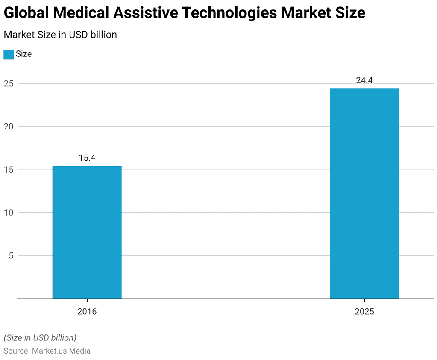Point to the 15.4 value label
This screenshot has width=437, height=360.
click(87, 158)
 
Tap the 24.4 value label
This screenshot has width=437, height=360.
click(364, 80)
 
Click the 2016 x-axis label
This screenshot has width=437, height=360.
click(87, 312)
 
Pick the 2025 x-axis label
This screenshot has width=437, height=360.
click(364, 312)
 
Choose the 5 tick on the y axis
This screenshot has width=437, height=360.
click(10, 256)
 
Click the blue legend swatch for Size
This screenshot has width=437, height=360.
click(8, 54)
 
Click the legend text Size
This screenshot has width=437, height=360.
click(23, 54)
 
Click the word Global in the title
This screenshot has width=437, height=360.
click(26, 13)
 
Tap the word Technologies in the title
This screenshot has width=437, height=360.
click(229, 13)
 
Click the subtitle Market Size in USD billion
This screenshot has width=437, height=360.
click(60, 35)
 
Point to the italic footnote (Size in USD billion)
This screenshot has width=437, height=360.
click(40, 337)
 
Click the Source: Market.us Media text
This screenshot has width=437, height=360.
click(47, 351)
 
